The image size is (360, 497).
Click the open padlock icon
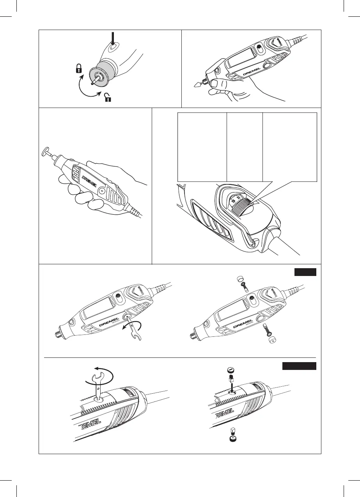pyautogui.click(x=108, y=96)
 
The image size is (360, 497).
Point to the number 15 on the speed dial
pyautogui.click(x=233, y=202)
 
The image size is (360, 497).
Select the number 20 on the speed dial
pyautogui.click(x=238, y=197)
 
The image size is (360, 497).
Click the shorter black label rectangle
pyautogui.click(x=305, y=272)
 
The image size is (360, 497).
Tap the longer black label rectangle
pyautogui.click(x=299, y=366)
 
